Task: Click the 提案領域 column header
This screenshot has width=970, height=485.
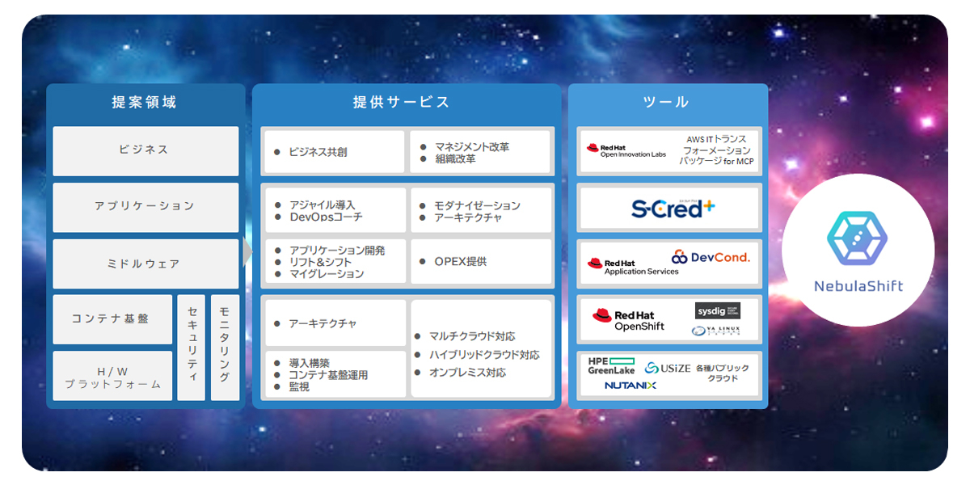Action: coord(144,103)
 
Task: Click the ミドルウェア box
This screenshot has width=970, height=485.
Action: coord(145,264)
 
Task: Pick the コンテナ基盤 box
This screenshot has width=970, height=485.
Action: coord(112,318)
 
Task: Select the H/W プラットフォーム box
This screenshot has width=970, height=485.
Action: coord(112,377)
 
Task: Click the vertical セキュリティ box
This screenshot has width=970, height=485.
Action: coord(192,348)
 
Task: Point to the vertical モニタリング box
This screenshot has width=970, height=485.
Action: coord(225,348)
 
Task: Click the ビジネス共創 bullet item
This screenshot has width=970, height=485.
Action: coord(317,152)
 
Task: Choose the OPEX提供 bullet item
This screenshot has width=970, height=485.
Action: coord(459,262)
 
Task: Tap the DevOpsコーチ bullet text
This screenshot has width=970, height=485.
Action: coord(325,217)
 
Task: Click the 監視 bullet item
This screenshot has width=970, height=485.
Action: coord(298,387)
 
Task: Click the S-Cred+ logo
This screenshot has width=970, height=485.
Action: coord(673,209)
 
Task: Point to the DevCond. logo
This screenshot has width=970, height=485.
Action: coord(711,257)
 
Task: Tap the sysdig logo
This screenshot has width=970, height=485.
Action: coord(717,311)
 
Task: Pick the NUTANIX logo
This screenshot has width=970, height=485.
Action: coord(630,386)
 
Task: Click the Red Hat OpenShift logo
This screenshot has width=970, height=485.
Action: coord(628,320)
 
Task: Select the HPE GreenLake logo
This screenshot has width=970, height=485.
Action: coord(611,366)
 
